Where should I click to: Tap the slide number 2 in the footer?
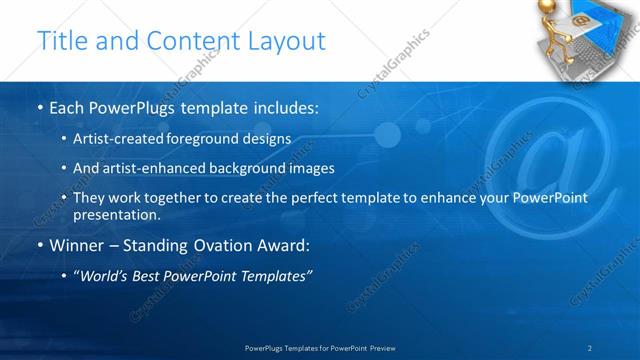(590, 348)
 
